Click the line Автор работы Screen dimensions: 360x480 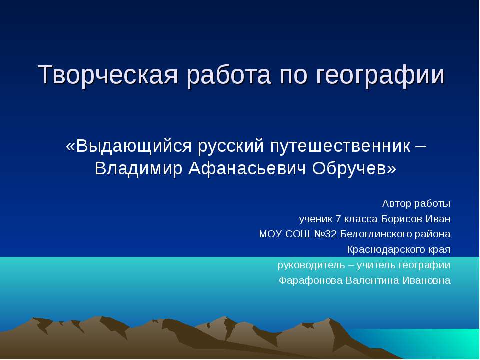416,203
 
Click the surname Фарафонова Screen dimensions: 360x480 310,280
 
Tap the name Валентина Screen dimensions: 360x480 370,280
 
